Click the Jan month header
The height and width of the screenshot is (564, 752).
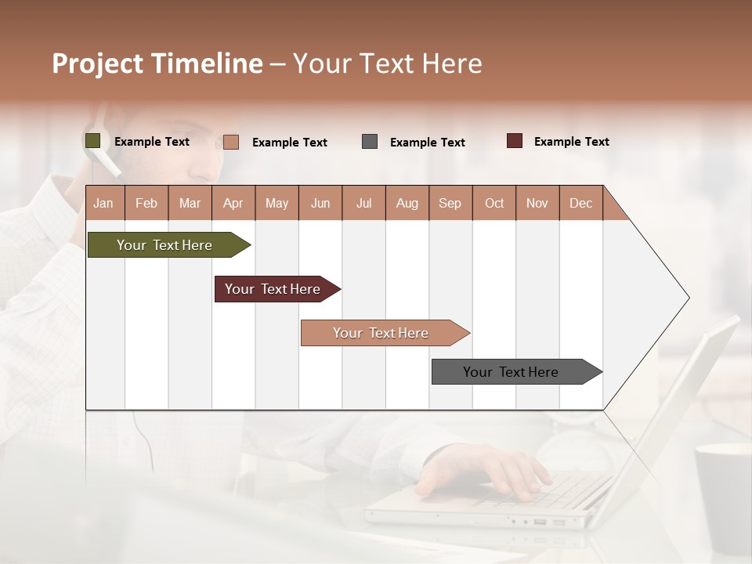click(103, 203)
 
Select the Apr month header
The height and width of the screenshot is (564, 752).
click(233, 203)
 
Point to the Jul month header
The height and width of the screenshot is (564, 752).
click(363, 203)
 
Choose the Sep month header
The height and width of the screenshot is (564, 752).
click(450, 203)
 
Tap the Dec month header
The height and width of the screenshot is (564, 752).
click(580, 203)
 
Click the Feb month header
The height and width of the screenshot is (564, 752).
click(146, 203)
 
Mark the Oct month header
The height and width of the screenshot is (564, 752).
click(494, 203)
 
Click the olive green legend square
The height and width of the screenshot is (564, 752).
click(92, 141)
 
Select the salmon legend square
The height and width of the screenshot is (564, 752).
click(231, 142)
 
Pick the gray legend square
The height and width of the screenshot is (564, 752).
click(370, 142)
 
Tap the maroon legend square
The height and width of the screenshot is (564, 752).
click(515, 141)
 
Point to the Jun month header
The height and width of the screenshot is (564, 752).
click(320, 203)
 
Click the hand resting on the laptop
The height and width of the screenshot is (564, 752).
click(486, 471)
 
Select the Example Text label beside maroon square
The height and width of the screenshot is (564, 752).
click(571, 142)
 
